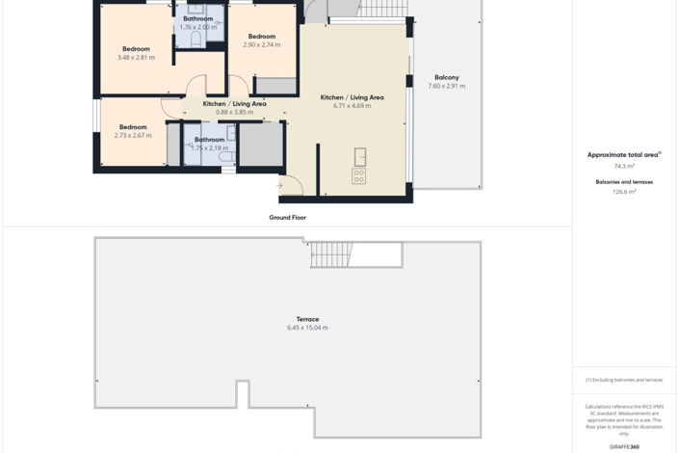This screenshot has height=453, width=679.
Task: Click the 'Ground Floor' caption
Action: [x=287, y=218]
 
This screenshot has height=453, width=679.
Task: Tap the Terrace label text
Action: [x=307, y=319]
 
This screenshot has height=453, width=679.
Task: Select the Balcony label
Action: [x=446, y=77]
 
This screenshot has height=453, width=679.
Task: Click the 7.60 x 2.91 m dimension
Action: [x=446, y=86]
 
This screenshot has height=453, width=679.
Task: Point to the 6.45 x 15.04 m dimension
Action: [x=307, y=328]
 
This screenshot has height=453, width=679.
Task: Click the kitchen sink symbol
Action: [x=359, y=156]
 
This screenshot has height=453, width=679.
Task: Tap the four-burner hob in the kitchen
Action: [x=359, y=176]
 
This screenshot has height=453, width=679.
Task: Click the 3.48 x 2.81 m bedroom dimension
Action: [x=136, y=58]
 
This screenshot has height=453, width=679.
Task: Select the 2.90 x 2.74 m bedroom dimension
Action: [x=262, y=45]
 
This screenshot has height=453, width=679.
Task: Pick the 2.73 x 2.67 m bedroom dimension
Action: [x=133, y=136]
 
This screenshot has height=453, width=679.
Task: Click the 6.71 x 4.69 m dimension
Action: [x=352, y=106]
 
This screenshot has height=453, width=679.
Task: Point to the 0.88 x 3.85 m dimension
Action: [x=234, y=112]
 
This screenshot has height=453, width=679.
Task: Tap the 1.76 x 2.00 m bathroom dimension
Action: [x=198, y=27]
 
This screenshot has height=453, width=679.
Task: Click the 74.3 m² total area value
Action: [x=624, y=166]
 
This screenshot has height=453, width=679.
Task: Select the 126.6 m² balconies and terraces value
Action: [x=624, y=192]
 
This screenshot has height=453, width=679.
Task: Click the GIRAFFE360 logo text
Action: [x=624, y=447]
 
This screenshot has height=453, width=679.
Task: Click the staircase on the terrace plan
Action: [x=331, y=254]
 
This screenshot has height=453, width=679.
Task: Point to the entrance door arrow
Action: [x=280, y=185]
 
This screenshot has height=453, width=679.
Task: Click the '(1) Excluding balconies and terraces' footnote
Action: [x=624, y=380]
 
